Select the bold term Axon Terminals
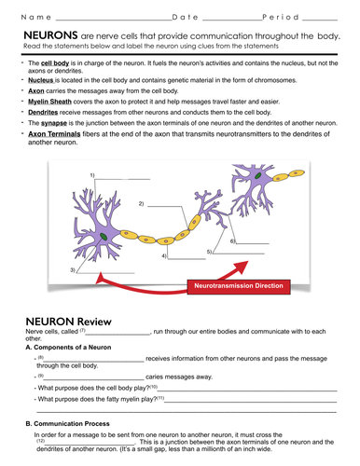53,133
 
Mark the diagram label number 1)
92,175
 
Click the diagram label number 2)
141,202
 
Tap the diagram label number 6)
232,240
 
